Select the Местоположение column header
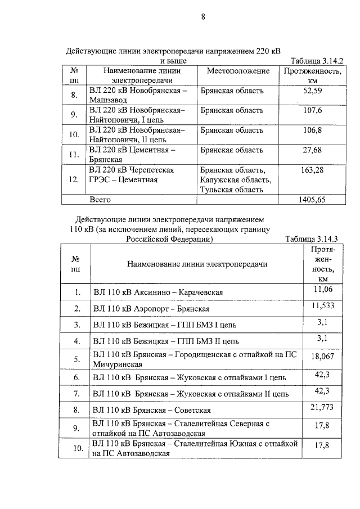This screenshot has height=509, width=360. [x=238, y=71]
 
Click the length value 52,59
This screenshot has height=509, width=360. [x=312, y=91]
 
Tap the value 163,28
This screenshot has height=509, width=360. [x=312, y=170]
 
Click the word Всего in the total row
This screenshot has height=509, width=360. [x=100, y=200]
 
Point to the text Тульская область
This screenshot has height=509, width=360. [x=232, y=190]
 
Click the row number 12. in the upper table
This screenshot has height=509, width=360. [x=74, y=179]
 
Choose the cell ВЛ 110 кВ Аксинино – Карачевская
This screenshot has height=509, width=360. [x=159, y=293]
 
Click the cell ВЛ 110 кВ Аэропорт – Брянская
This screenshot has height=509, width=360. [x=152, y=309]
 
